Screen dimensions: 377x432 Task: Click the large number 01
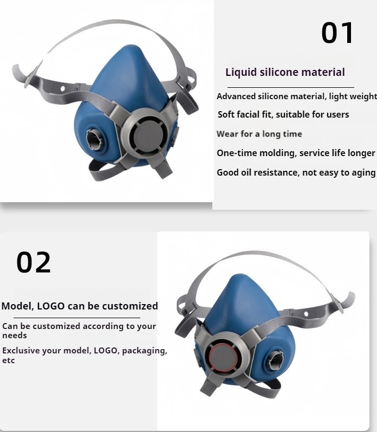[x=337, y=33]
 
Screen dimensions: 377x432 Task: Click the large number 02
[x=34, y=262]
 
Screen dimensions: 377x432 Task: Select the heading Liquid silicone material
[x=285, y=72]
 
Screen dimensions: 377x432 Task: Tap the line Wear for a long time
[x=259, y=134]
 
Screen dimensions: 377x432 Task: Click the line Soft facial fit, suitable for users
[x=283, y=114]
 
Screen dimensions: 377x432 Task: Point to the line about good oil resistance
[x=296, y=172]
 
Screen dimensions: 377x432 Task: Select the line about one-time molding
[x=296, y=153]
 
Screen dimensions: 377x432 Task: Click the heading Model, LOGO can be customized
[x=80, y=306]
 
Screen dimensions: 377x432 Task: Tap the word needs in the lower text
[x=15, y=336]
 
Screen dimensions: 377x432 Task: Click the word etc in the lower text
[x=8, y=360]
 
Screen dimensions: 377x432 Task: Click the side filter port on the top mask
[x=94, y=139]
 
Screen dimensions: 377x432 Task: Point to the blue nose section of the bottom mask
[x=242, y=303]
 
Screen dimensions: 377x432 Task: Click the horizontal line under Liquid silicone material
[x=291, y=87]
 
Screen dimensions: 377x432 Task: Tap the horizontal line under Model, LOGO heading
[x=77, y=318]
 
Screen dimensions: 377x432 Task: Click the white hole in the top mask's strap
[x=62, y=89]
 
